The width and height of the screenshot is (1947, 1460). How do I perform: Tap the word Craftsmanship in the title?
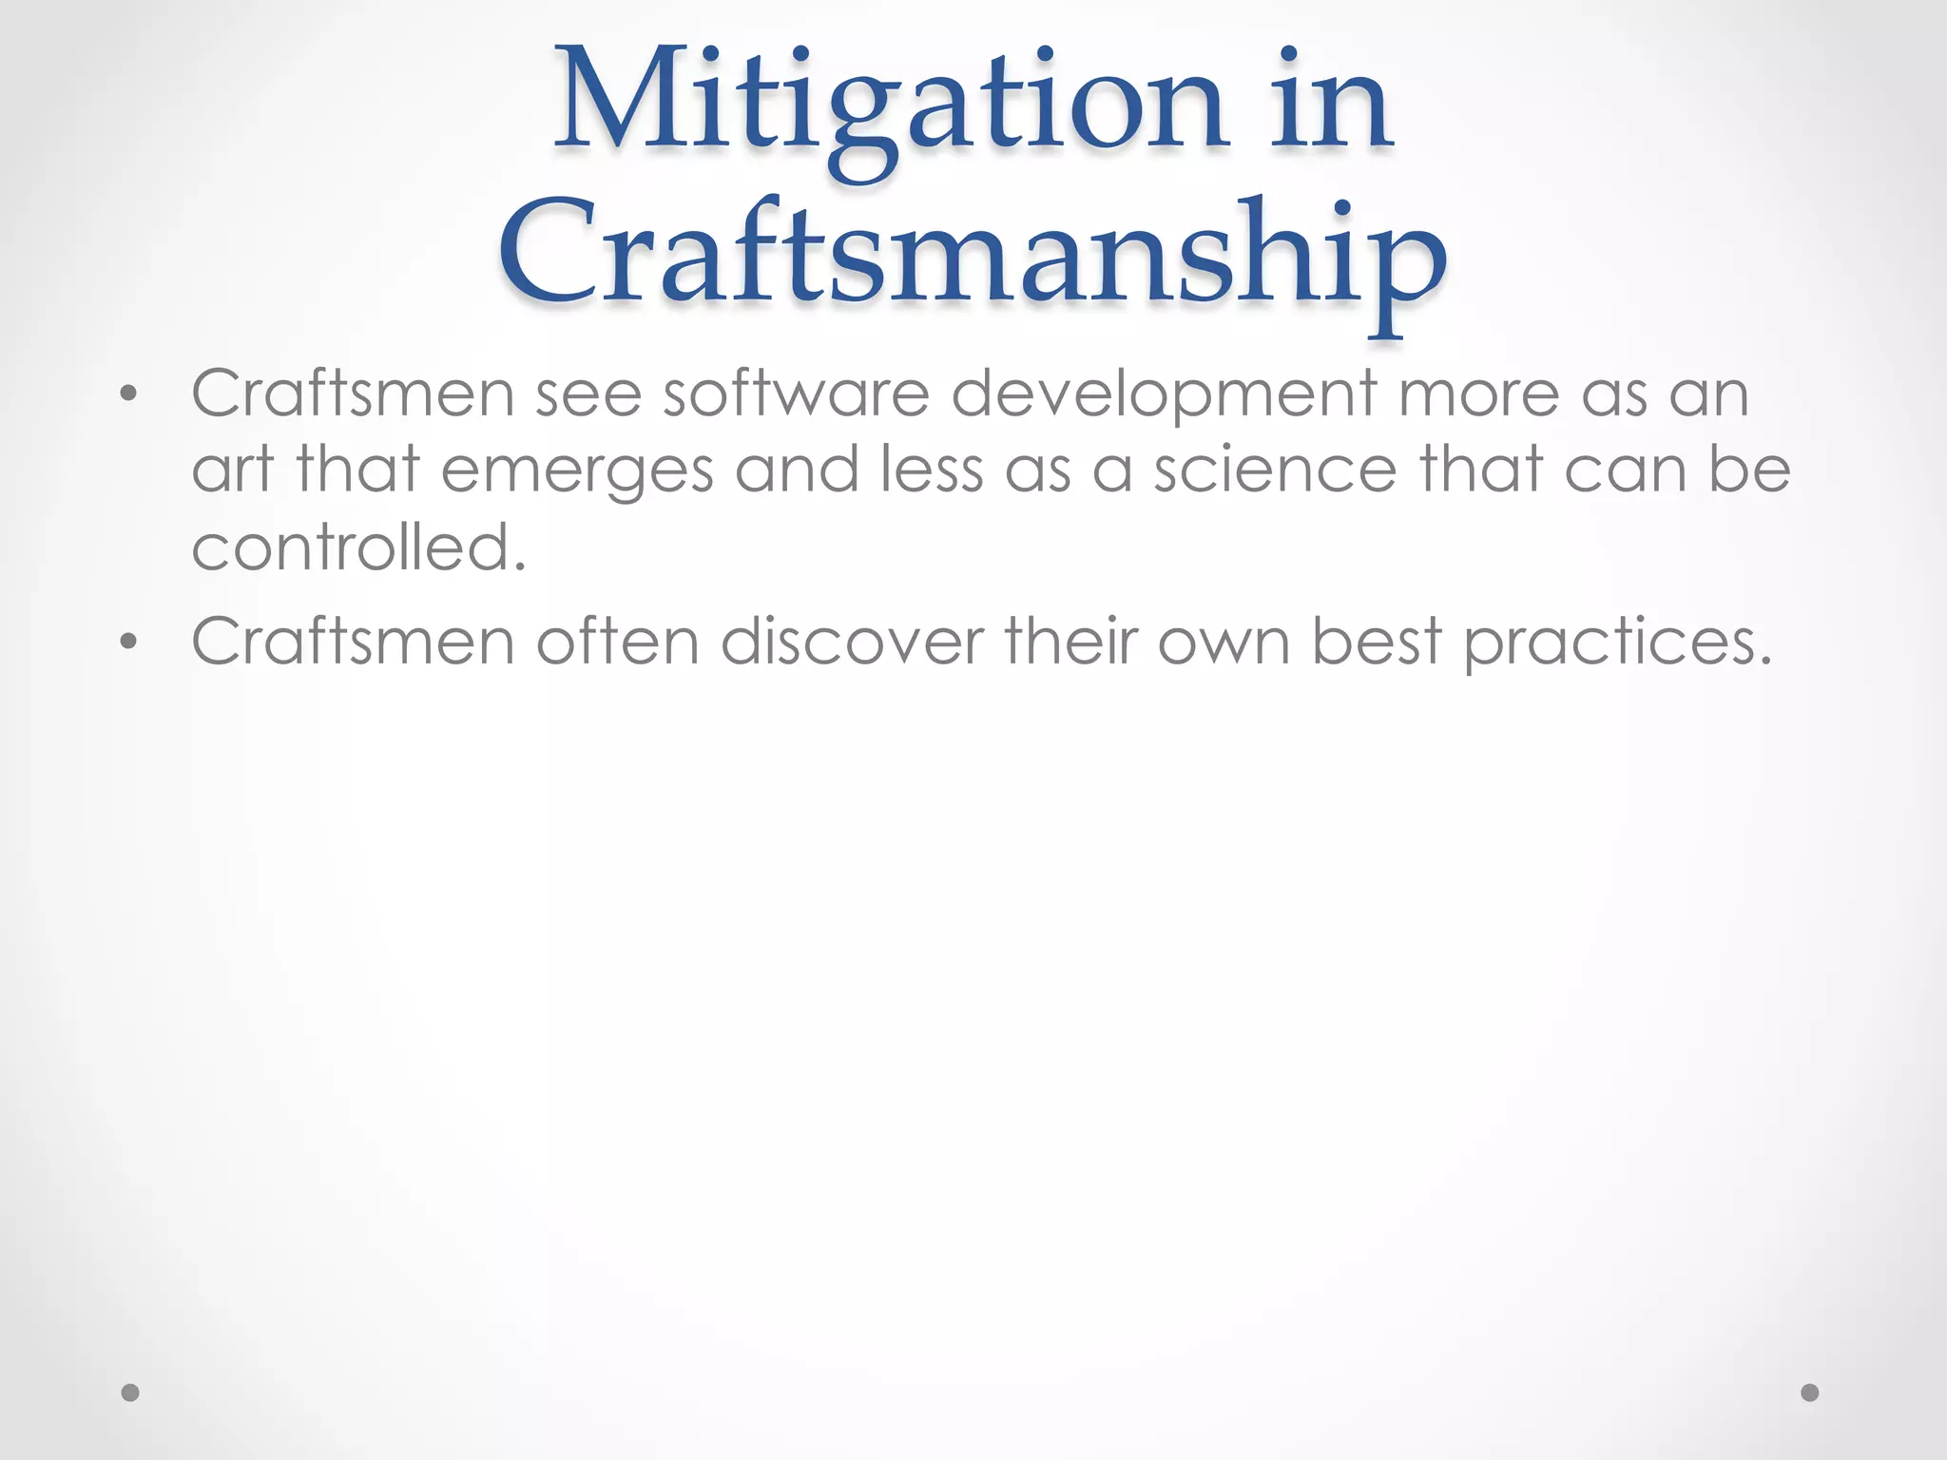coord(972,255)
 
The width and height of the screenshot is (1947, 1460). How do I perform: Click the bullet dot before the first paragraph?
coord(129,394)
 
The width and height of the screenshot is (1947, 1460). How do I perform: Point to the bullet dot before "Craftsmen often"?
coord(129,643)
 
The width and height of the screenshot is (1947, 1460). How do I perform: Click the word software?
coord(796,394)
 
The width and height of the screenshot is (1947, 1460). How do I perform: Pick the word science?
coord(1275,471)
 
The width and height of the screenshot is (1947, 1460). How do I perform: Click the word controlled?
coord(358,547)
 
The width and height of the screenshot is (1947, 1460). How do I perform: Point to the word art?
coord(233,471)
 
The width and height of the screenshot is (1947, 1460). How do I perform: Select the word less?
coord(932,470)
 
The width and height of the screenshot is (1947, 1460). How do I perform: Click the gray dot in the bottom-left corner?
coord(130,1393)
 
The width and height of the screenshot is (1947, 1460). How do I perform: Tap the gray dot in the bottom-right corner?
coord(1810,1393)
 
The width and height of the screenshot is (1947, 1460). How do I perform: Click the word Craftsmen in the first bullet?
coord(353,394)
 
